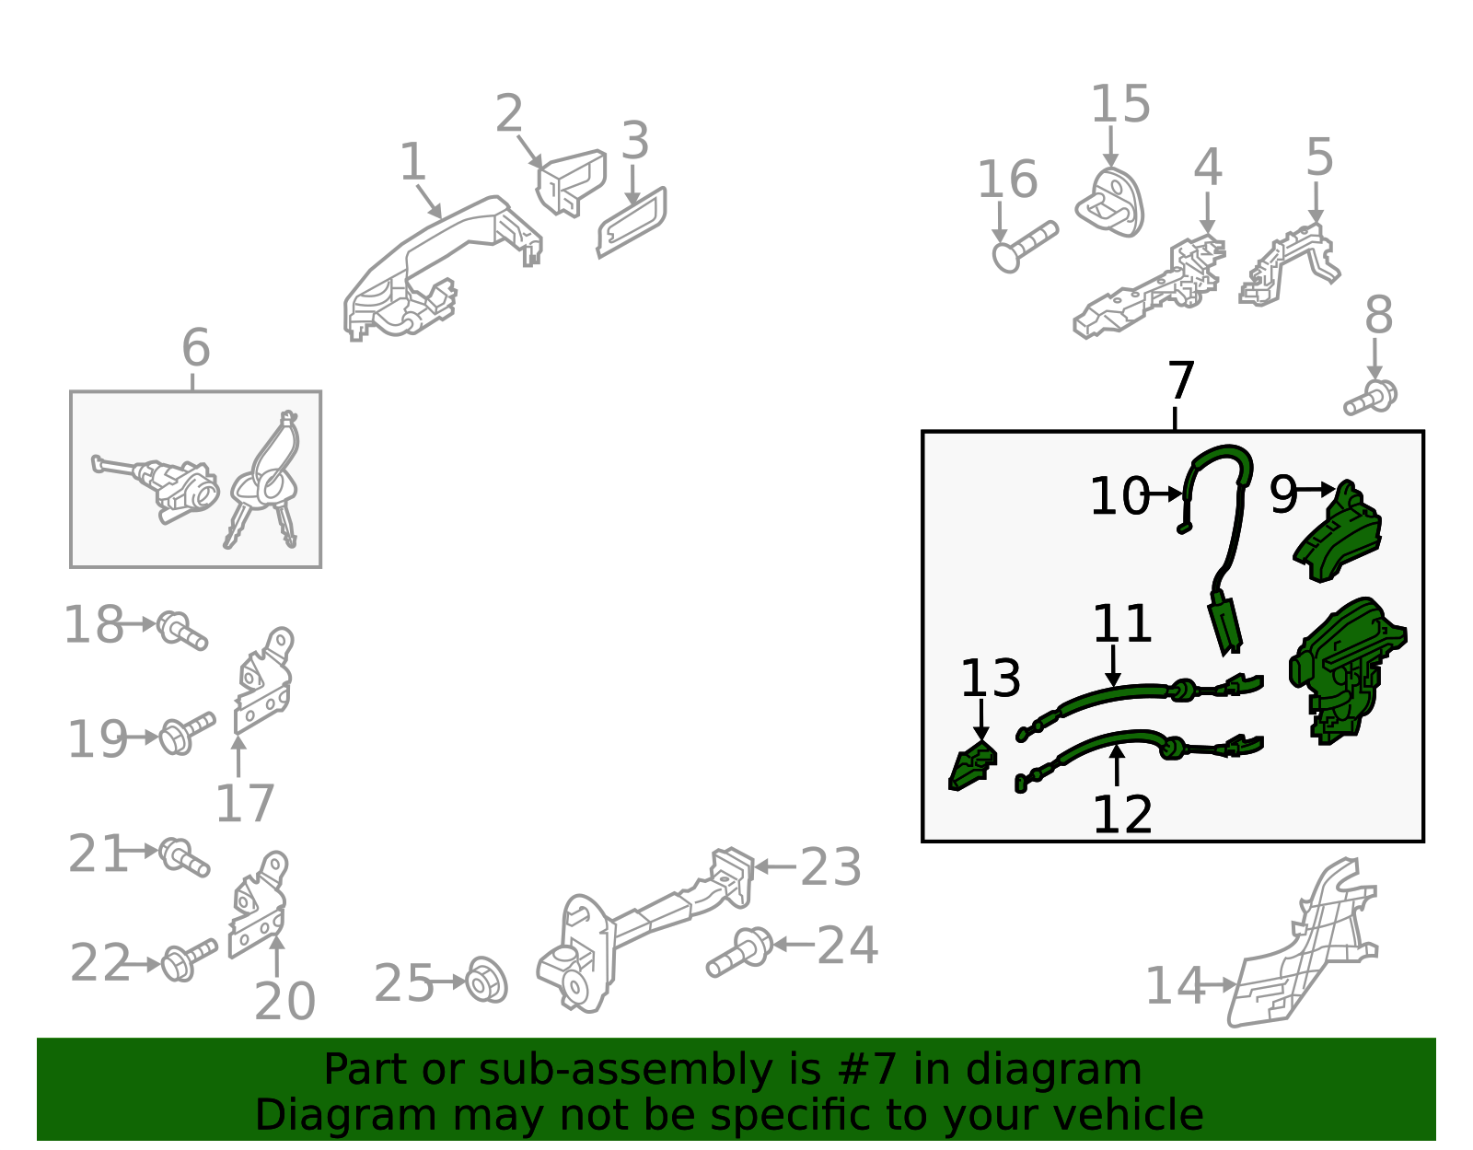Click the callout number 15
coord(1119,104)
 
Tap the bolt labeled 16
coord(1025,247)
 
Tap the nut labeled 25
coord(487,980)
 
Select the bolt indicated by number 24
coord(739,952)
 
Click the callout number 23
coord(831,866)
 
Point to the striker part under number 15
coord(1109,203)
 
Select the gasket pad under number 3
coord(632,222)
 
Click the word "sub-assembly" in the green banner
coord(625,1070)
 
